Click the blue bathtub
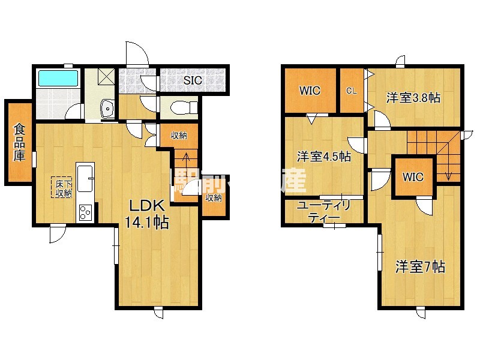[58, 79]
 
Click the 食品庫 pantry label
[20, 142]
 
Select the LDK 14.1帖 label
[146, 212]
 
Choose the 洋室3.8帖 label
[413, 97]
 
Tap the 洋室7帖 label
[419, 267]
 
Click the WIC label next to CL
[310, 91]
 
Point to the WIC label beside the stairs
[413, 177]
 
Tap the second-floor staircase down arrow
[449, 171]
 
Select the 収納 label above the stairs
[178, 135]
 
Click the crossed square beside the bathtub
[107, 77]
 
